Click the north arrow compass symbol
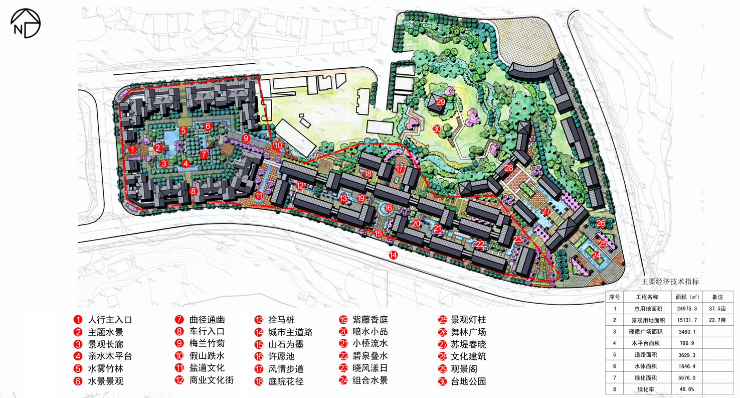pos(26,23)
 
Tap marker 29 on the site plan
pos(441,102)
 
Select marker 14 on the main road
pos(394,254)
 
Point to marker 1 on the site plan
pos(132,149)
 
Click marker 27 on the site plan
pos(546,211)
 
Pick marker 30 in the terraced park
pos(437,129)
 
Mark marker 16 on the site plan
pos(389,208)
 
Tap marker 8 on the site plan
pos(193,191)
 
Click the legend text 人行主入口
pos(110,320)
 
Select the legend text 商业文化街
pos(212,380)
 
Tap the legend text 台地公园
pos(468,381)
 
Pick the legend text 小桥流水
pos(370,344)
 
